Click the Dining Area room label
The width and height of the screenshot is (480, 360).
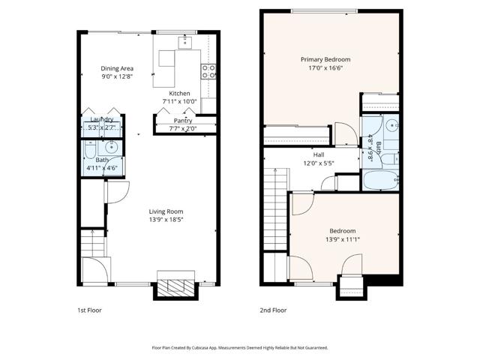(118, 68)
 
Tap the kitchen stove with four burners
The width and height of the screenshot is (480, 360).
(209, 72)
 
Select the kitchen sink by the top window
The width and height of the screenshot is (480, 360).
(185, 42)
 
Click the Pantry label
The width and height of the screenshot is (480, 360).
(182, 120)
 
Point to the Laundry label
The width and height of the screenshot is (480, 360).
(101, 119)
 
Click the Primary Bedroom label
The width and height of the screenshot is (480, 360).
(325, 59)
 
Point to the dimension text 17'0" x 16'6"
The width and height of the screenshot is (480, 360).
(325, 68)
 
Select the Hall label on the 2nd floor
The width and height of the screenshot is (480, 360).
(319, 154)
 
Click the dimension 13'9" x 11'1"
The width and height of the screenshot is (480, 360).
(342, 239)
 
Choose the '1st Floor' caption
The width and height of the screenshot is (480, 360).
(89, 310)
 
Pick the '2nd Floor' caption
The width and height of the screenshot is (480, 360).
(274, 310)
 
